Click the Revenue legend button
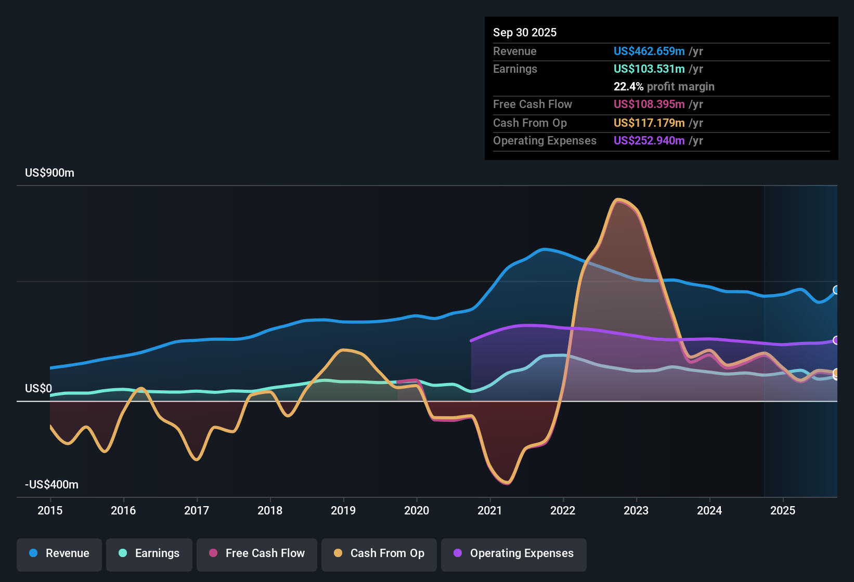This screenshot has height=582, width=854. tap(59, 553)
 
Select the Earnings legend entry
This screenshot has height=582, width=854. tap(149, 553)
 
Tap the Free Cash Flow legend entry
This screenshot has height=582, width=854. tap(257, 553)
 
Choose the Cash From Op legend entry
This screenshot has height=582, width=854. tap(379, 553)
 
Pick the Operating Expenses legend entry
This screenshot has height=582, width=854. tap(514, 553)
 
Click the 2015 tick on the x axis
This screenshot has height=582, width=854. tap(50, 510)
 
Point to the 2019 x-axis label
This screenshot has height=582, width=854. tap(343, 510)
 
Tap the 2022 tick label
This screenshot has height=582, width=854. tap(563, 510)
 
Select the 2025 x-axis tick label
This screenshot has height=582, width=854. tap(783, 510)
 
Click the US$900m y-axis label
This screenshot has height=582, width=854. tap(49, 173)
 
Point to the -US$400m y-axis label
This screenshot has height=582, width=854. tap(51, 485)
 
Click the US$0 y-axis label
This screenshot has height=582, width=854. tap(38, 389)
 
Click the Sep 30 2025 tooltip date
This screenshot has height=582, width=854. tap(524, 33)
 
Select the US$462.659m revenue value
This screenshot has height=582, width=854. tap(649, 51)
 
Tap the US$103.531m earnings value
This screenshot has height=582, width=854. tap(649, 69)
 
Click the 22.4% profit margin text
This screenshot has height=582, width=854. tap(664, 87)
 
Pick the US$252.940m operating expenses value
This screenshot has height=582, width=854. tap(649, 141)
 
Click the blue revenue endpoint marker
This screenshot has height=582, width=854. tap(836, 290)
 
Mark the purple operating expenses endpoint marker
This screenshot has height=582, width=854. tap(836, 340)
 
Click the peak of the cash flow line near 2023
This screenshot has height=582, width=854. tap(617, 200)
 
